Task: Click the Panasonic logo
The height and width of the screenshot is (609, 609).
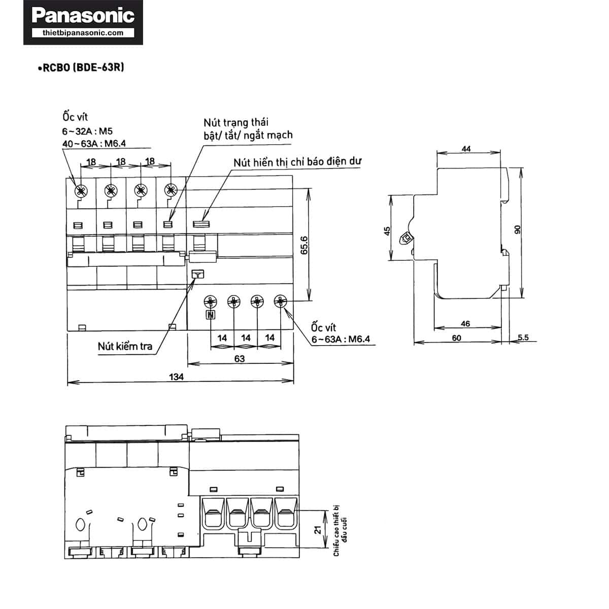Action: click(83, 16)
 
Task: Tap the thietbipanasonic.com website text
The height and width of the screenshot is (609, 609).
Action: click(83, 33)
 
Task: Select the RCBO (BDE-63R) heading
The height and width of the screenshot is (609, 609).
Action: click(82, 67)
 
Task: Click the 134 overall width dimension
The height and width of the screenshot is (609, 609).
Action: click(176, 377)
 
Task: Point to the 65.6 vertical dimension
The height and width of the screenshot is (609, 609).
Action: click(304, 245)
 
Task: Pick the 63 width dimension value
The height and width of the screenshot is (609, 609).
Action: click(240, 359)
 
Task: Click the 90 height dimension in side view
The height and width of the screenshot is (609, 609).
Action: click(517, 229)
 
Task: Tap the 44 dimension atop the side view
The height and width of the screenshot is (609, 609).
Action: click(466, 149)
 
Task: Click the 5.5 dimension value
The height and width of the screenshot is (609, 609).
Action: click(523, 337)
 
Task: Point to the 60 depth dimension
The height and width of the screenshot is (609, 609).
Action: click(456, 338)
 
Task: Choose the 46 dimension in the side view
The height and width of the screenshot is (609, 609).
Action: click(465, 323)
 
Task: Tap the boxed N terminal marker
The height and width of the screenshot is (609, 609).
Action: click(211, 315)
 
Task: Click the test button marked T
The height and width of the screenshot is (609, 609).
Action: click(198, 275)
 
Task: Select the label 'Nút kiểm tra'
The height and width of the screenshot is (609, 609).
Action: click(125, 346)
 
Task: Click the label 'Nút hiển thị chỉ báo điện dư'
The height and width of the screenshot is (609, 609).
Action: click(297, 162)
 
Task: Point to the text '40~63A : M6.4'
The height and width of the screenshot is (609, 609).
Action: click(94, 144)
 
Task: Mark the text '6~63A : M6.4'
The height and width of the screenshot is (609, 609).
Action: click(341, 339)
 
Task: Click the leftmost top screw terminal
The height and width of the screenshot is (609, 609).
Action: click(81, 191)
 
